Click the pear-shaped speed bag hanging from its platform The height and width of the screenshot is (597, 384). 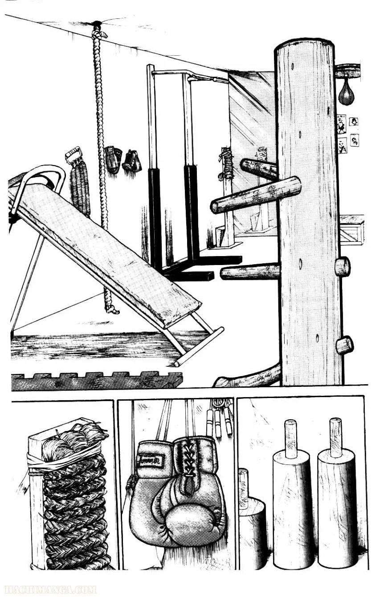pyautogui.click(x=346, y=94)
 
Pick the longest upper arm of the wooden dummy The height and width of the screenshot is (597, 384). pyautogui.click(x=255, y=195)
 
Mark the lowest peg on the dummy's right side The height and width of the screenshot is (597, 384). pyautogui.click(x=344, y=345)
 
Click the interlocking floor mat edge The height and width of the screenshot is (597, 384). pyautogui.click(x=96, y=381)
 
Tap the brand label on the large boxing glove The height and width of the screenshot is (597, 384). pyautogui.click(x=150, y=460)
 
